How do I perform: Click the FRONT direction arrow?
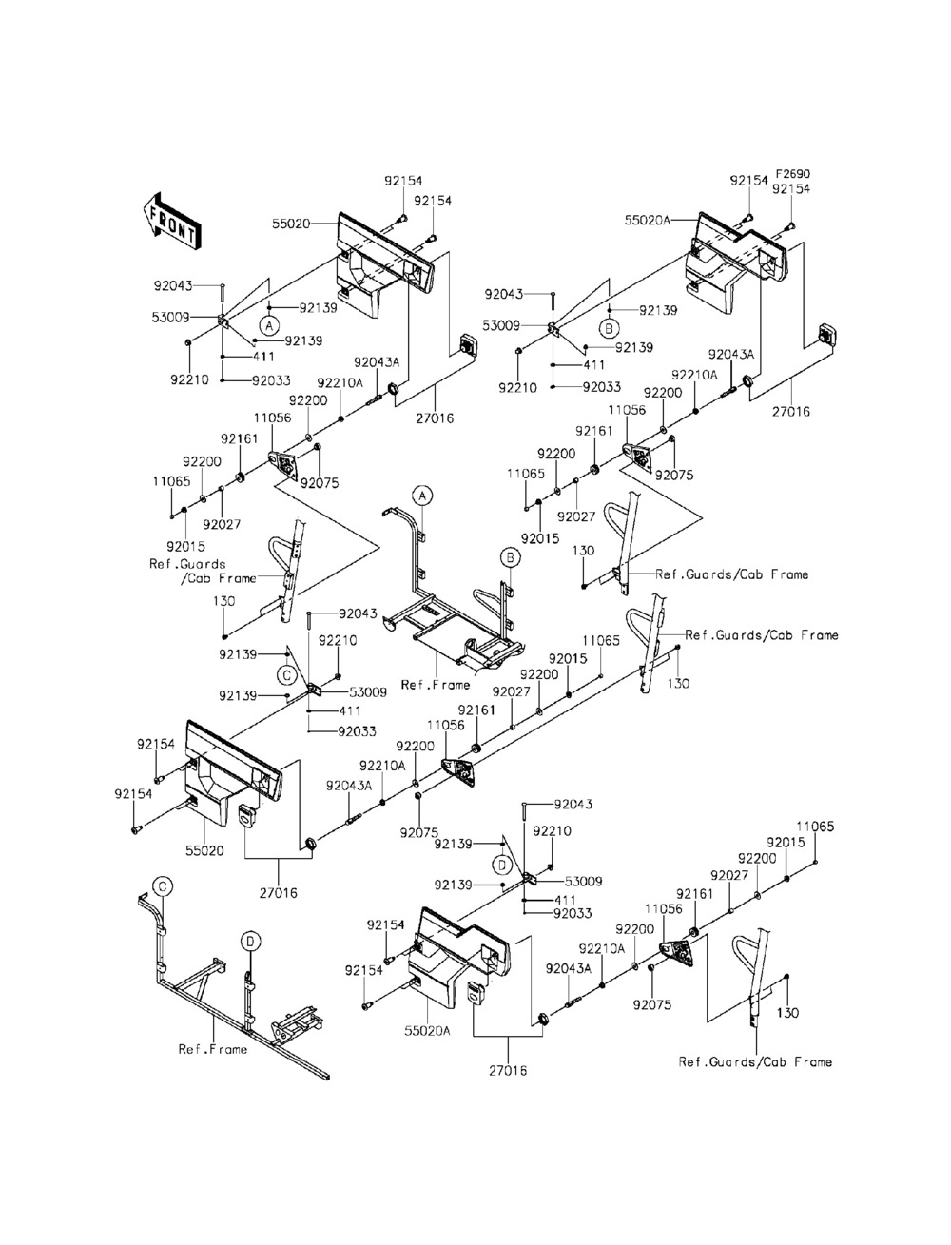[171, 221]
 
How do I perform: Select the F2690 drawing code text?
[791, 175]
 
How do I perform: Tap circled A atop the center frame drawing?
[422, 495]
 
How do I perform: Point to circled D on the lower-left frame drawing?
[249, 942]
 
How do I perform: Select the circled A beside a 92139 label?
[269, 325]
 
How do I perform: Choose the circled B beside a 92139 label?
[608, 329]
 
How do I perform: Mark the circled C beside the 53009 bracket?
[286, 674]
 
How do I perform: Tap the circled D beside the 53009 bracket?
[500, 864]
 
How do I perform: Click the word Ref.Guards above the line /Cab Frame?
[187, 564]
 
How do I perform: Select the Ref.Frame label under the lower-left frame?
[213, 1049]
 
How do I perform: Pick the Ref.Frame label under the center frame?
[435, 685]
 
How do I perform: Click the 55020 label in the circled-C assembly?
[204, 850]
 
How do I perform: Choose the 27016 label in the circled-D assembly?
[508, 1070]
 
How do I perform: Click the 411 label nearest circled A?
[262, 358]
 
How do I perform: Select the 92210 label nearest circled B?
[517, 388]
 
